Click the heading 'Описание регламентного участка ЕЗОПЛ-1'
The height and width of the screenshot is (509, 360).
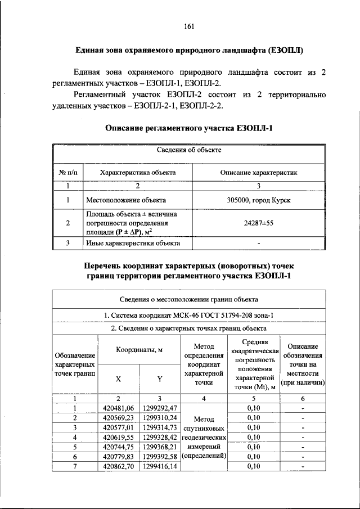click(189, 129)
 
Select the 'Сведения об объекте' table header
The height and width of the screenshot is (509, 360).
click(189, 150)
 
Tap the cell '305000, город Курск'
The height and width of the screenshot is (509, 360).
click(259, 200)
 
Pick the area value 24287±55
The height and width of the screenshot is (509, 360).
click(259, 223)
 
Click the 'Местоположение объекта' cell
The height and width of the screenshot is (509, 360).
click(125, 200)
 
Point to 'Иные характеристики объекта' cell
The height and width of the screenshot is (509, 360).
click(133, 244)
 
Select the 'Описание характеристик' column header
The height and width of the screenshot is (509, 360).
click(259, 173)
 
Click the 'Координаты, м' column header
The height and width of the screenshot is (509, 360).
click(139, 349)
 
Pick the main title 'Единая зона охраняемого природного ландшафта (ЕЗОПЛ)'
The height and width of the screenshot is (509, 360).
click(189, 50)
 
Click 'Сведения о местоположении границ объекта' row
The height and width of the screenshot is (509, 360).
click(189, 299)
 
